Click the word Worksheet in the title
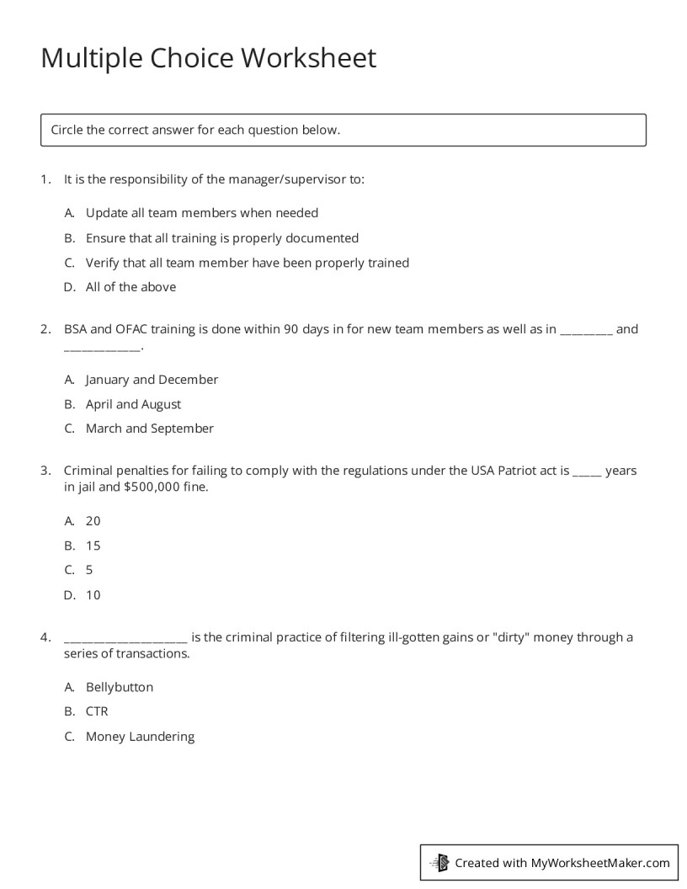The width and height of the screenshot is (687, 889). [308, 59]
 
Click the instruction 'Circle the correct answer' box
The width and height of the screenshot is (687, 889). [343, 130]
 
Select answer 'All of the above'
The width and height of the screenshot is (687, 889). [130, 287]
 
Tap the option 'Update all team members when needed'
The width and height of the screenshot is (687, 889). [201, 213]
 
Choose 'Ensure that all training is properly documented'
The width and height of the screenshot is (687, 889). [221, 237]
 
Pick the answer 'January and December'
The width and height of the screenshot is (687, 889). [152, 380]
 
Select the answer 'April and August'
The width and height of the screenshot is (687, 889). [133, 404]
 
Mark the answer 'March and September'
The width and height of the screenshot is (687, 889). [149, 429]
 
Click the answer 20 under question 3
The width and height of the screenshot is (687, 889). [93, 521]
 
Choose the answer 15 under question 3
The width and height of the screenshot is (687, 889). [93, 546]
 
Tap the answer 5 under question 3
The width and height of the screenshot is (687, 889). [89, 570]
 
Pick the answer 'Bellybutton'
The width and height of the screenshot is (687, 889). [120, 687]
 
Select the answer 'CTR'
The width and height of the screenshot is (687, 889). [97, 711]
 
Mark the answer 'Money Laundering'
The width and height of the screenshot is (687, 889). [140, 737]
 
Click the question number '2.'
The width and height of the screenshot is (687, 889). [45, 329]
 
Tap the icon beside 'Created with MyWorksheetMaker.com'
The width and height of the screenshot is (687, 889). [439, 862]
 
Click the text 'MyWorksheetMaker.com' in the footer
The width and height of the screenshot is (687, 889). [600, 862]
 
